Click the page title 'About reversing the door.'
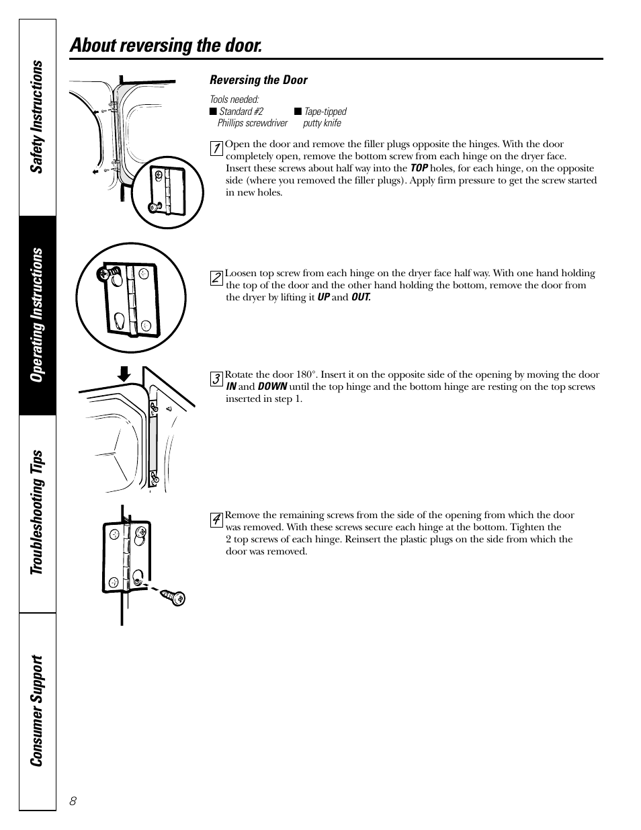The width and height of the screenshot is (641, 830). click(x=165, y=46)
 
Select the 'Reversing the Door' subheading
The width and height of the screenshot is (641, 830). click(x=258, y=80)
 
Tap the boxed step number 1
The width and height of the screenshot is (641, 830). click(x=216, y=149)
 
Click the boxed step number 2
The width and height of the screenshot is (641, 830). click(x=216, y=278)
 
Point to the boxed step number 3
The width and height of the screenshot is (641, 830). click(x=216, y=379)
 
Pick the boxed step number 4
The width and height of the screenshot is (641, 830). click(x=216, y=520)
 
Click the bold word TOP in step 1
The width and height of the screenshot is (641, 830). click(x=419, y=169)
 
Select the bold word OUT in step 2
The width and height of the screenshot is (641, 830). click(x=361, y=297)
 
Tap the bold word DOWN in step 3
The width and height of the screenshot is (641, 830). click(x=272, y=387)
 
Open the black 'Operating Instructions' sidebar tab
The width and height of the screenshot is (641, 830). click(x=38, y=315)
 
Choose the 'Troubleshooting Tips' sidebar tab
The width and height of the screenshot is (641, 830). click(x=38, y=513)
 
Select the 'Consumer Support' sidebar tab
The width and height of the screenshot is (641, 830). click(x=38, y=710)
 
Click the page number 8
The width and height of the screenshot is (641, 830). click(x=73, y=801)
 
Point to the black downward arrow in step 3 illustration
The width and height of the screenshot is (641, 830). click(x=124, y=374)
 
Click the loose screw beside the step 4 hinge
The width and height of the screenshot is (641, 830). click(x=177, y=597)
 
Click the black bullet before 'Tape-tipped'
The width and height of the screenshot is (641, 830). click(x=298, y=112)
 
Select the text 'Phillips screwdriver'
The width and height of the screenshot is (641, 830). click(x=252, y=123)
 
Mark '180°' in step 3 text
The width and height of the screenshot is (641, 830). click(x=307, y=375)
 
